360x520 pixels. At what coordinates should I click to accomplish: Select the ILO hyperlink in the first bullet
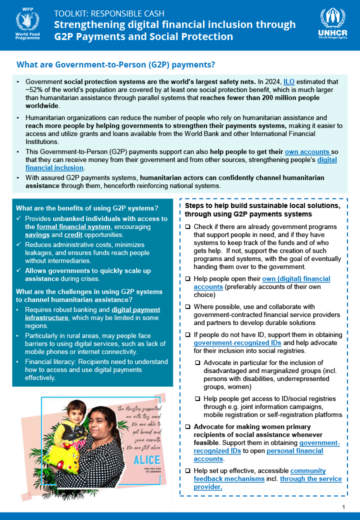[289, 81]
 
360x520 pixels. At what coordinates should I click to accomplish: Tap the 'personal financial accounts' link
[295, 450]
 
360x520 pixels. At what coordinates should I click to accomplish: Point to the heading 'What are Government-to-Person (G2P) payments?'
[116, 64]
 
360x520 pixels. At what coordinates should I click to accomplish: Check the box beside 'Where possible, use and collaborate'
[187, 307]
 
